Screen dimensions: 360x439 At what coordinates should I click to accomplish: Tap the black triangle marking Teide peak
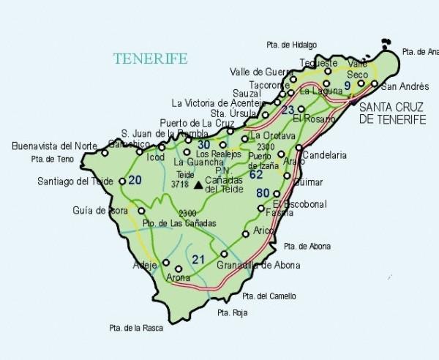click(198, 184)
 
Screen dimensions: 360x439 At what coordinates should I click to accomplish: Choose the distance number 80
click(263, 192)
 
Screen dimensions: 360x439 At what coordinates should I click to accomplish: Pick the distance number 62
click(255, 175)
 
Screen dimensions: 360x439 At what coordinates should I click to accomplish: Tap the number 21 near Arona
click(199, 259)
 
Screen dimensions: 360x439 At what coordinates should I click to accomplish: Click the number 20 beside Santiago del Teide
click(134, 180)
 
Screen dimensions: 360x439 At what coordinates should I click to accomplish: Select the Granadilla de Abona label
click(258, 265)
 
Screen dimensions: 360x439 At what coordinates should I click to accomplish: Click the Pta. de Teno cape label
click(53, 158)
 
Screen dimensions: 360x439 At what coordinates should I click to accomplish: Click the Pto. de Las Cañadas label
click(180, 223)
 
